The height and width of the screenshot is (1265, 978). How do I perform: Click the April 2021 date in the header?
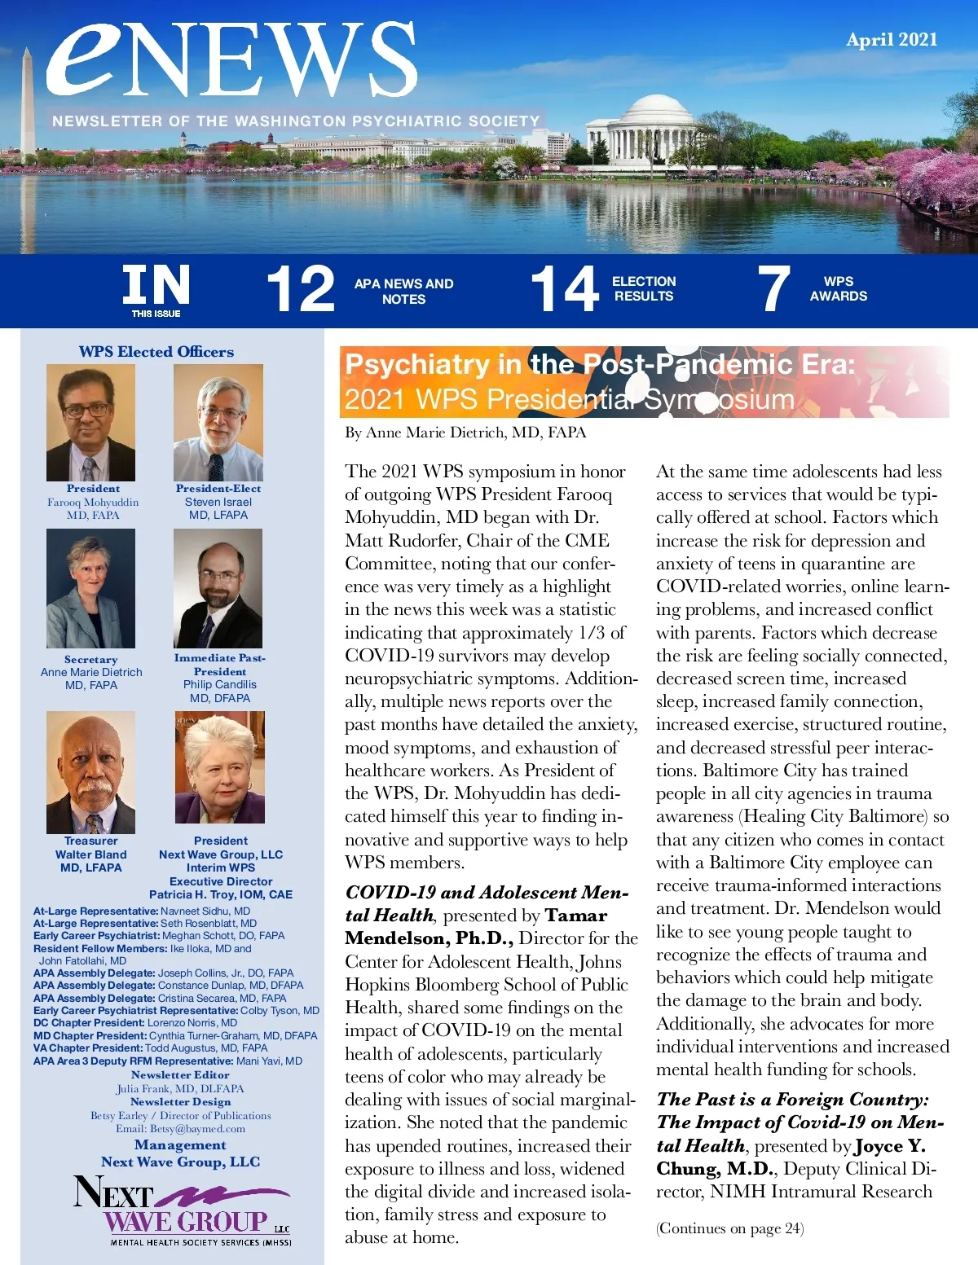coord(892,40)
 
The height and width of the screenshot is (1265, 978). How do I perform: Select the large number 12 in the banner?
coord(301,289)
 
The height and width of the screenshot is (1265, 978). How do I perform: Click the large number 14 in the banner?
coord(564,289)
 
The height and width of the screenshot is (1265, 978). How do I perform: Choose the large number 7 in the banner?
coord(773,289)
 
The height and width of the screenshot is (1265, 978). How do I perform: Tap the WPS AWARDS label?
coord(838,289)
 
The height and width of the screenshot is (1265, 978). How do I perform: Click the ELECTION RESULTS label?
coord(644,289)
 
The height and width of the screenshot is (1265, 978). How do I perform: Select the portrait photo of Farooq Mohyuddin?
coord(90,423)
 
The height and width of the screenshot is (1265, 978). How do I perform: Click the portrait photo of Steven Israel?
coord(218,423)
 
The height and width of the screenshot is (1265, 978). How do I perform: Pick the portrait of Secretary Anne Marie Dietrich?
coord(90,588)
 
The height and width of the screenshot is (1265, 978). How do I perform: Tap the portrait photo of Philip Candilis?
coord(218,588)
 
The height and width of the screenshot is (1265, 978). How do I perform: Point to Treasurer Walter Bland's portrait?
coord(90,772)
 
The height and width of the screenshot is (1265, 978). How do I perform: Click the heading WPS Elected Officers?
coord(156,352)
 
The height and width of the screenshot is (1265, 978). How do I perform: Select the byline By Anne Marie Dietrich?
coord(465,433)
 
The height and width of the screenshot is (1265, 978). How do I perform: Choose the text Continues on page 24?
coord(729,1228)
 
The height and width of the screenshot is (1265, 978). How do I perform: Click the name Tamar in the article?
coord(576,916)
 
